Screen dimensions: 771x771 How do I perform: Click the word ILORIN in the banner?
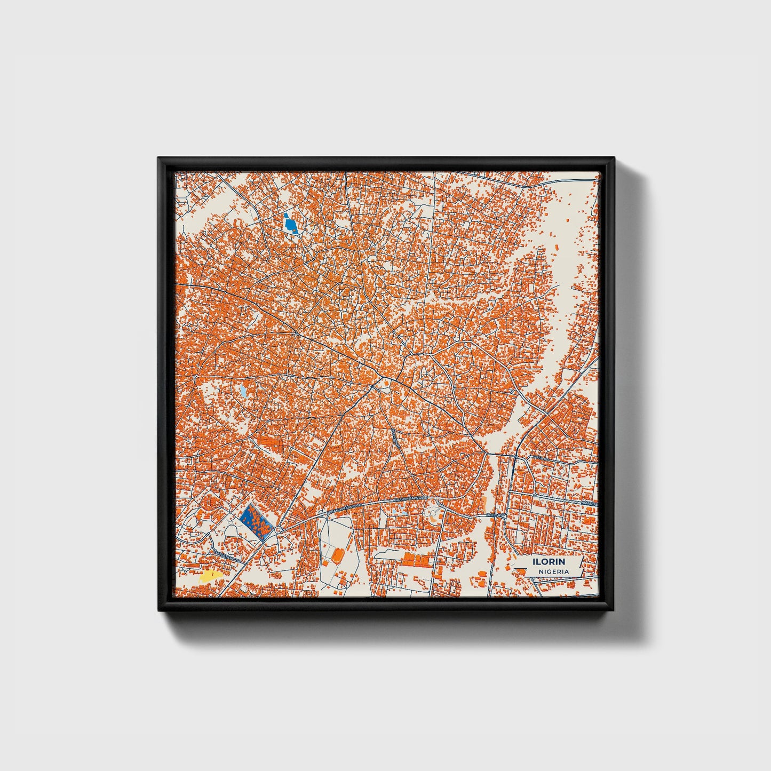click(x=549, y=562)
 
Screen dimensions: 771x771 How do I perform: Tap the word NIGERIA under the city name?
click(x=553, y=571)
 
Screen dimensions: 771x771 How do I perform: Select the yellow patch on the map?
click(x=210, y=575)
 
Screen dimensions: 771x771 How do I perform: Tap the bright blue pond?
click(x=291, y=224)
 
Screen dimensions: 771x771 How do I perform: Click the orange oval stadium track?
click(x=338, y=555)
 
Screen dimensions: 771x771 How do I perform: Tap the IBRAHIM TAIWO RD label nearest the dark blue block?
click(x=344, y=507)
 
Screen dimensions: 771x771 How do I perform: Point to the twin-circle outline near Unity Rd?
click(x=432, y=512)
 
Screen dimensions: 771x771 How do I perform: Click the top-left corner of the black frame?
click(x=159, y=158)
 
